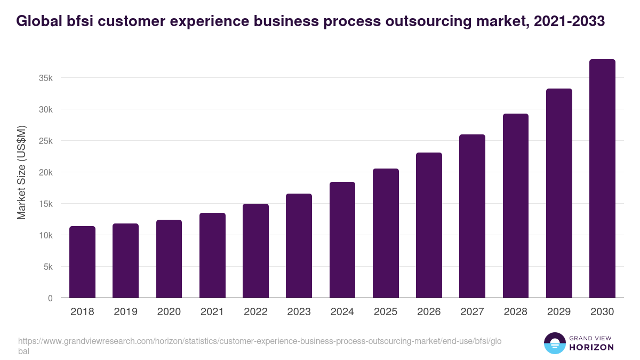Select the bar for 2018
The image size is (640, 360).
click(x=82, y=262)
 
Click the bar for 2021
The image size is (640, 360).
click(x=212, y=255)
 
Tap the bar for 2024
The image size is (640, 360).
click(x=342, y=240)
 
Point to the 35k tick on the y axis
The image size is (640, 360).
click(x=46, y=78)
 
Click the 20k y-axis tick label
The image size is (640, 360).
click(x=46, y=172)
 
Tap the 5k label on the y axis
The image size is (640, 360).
click(x=48, y=267)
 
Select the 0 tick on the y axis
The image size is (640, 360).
click(x=50, y=298)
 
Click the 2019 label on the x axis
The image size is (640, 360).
click(x=125, y=312)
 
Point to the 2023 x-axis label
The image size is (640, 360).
click(x=299, y=312)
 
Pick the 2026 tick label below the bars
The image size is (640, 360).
click(x=429, y=312)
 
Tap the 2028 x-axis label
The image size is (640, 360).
click(x=515, y=312)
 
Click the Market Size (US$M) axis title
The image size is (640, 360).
click(x=21, y=172)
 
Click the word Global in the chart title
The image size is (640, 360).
click(x=37, y=21)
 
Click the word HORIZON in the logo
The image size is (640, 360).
click(x=591, y=347)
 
